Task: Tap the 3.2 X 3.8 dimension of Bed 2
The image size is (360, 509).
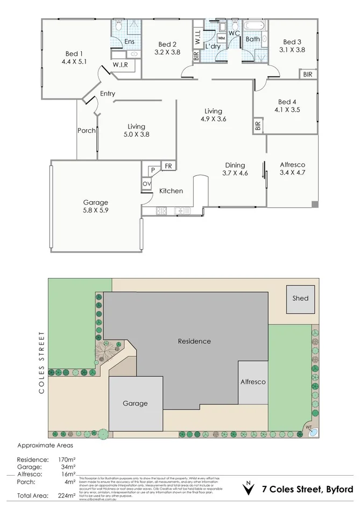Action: pyautogui.click(x=167, y=53)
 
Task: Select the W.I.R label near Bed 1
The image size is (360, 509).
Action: pyautogui.click(x=119, y=65)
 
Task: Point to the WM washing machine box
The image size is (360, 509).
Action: pyautogui.click(x=221, y=39)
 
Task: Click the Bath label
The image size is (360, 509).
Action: pyautogui.click(x=252, y=39)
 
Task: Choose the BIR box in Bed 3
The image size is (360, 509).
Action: pyautogui.click(x=307, y=74)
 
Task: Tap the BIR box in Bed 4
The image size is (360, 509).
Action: pyautogui.click(x=258, y=126)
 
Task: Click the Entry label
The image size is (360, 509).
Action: pyautogui.click(x=108, y=94)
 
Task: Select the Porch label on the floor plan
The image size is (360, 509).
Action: pyautogui.click(x=87, y=130)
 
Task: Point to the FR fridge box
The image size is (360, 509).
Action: pyautogui.click(x=168, y=166)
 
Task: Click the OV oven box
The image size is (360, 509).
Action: pyautogui.click(x=146, y=184)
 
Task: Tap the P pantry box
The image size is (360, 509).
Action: pyautogui.click(x=152, y=169)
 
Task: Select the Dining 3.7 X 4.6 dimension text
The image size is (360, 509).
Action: pyautogui.click(x=235, y=173)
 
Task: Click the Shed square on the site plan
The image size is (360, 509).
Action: pyautogui.click(x=301, y=299)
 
